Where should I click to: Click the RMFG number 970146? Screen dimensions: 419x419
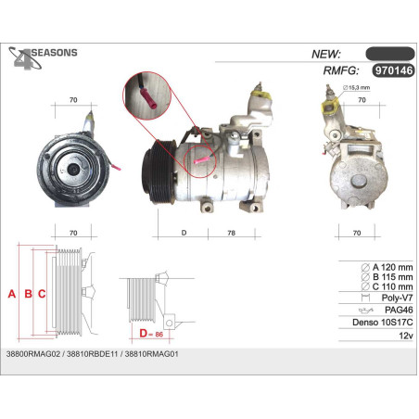point(393,70)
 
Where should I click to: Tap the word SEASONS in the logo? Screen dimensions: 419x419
point(55,53)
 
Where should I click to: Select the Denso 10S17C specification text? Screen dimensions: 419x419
point(383,323)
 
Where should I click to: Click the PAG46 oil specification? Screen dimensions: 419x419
point(399,310)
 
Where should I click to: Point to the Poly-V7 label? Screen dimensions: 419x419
point(397,298)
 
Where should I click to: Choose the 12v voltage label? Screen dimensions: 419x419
point(406,336)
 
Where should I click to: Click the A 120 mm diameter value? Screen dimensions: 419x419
point(392,267)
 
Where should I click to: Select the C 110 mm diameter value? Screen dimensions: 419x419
point(392,286)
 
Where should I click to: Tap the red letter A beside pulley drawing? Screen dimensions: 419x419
point(12,294)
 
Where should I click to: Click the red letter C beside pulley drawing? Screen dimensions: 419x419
point(42,294)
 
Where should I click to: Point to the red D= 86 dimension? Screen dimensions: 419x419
point(151,334)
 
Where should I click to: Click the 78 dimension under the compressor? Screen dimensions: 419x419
point(231,233)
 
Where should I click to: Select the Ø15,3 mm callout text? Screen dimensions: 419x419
point(356,88)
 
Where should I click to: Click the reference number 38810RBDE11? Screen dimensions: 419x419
point(93,354)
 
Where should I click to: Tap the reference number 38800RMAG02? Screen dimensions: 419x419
point(33,354)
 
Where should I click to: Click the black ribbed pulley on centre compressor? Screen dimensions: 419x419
point(159,171)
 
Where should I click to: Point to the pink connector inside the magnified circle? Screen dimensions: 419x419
point(148,98)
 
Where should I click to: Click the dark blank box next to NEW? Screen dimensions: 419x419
point(390,54)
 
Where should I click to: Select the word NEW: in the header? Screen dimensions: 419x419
point(325,54)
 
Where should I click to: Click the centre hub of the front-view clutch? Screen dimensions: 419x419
point(74,169)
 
